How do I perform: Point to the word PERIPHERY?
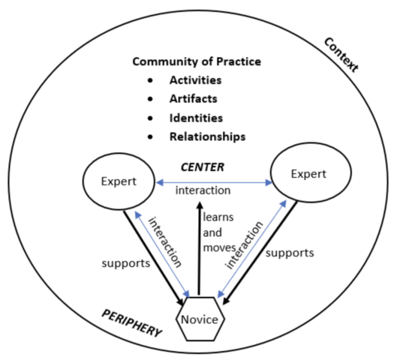point(131,319)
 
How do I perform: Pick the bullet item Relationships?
point(208,136)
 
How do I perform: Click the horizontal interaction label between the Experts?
point(203,190)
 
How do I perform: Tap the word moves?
point(221,247)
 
